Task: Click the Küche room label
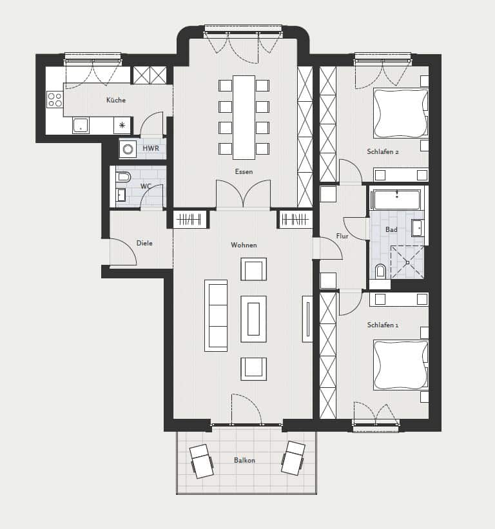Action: (116, 100)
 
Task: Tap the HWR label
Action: (150, 148)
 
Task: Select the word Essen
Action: (244, 172)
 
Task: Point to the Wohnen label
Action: (244, 245)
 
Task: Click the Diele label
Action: (144, 243)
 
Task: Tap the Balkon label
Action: (244, 460)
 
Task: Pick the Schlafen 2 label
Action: (383, 152)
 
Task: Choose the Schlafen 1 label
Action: (383, 325)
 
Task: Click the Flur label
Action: (342, 236)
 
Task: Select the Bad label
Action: (391, 229)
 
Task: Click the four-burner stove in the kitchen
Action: (55, 99)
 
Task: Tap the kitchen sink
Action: (81, 126)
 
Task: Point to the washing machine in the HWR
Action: (128, 149)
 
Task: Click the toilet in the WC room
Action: (123, 177)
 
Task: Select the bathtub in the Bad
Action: (396, 198)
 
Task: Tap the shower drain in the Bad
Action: (407, 262)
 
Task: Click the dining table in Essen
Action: (244, 117)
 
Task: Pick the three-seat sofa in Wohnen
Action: (216, 316)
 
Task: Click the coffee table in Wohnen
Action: (253, 319)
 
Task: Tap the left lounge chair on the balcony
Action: (202, 461)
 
